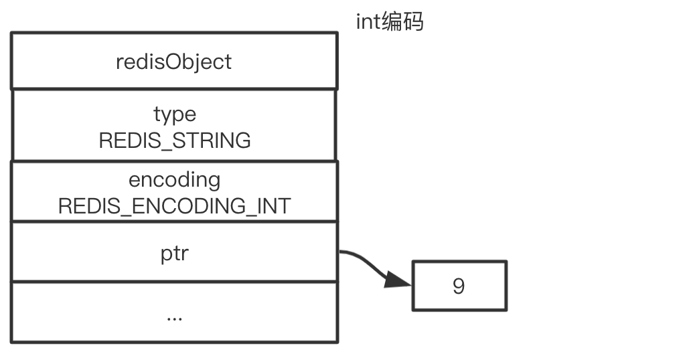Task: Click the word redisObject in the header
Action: [173, 62]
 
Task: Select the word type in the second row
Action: [174, 114]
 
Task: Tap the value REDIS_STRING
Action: [174, 141]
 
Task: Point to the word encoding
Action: [174, 179]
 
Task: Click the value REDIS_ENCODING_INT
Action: [174, 206]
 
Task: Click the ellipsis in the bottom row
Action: [174, 316]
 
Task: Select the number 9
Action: [459, 286]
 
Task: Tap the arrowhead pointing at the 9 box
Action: [399, 280]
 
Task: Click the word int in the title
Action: [368, 21]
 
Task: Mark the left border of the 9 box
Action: [412, 286]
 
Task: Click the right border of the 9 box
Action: [506, 286]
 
